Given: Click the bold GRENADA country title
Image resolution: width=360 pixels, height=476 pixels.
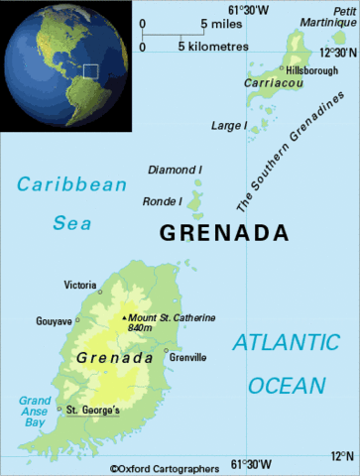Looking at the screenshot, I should tap(224, 234).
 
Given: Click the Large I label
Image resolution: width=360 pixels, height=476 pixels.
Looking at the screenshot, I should tap(228, 126).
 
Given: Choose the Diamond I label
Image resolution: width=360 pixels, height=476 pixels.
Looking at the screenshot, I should tap(175, 171).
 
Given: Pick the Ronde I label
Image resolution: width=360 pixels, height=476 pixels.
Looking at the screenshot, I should tap(165, 202).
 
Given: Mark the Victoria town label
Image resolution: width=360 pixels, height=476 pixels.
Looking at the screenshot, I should tap(80, 285).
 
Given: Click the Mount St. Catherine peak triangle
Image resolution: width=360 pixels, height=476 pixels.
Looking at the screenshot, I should tap(124, 317).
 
